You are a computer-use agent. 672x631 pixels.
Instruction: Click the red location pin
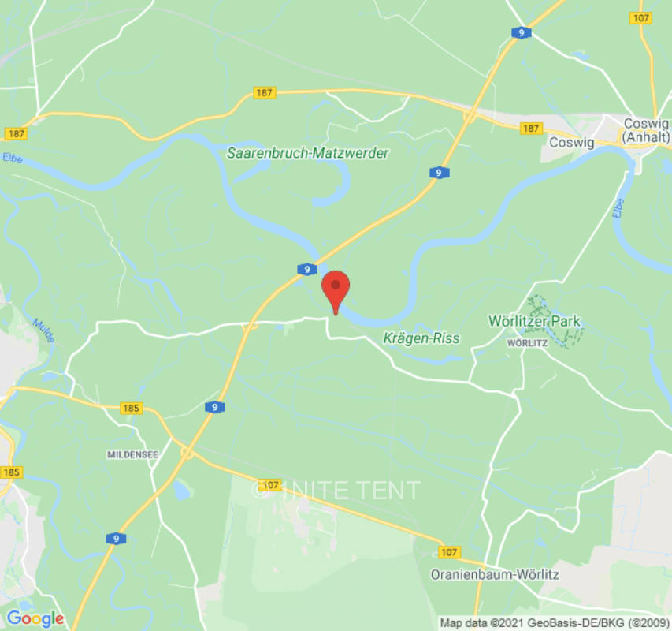pyautogui.click(x=336, y=288)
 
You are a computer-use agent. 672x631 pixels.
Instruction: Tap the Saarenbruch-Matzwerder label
pyautogui.click(x=307, y=153)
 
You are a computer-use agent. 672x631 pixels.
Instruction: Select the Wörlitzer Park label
pyautogui.click(x=534, y=321)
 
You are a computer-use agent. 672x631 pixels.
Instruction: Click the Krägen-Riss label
pyautogui.click(x=421, y=338)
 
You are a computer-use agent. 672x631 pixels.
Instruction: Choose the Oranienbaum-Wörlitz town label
pyautogui.click(x=495, y=575)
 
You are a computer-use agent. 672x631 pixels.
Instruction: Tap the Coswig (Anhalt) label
pyautogui.click(x=645, y=130)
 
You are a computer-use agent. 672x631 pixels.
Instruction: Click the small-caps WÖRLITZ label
pyautogui.click(x=527, y=342)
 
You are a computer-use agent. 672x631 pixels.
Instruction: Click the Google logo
pyautogui.click(x=35, y=618)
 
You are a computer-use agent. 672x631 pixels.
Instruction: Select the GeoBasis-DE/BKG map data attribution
pyautogui.click(x=555, y=623)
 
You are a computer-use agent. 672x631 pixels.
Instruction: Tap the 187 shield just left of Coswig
pyautogui.click(x=531, y=128)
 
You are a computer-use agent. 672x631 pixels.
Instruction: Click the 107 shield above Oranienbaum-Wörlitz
pyautogui.click(x=450, y=552)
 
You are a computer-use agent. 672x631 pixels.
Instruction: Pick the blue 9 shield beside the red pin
pyautogui.click(x=307, y=270)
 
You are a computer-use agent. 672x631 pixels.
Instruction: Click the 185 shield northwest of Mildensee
pyautogui.click(x=132, y=409)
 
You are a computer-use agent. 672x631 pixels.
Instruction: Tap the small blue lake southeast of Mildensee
pyautogui.click(x=182, y=491)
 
